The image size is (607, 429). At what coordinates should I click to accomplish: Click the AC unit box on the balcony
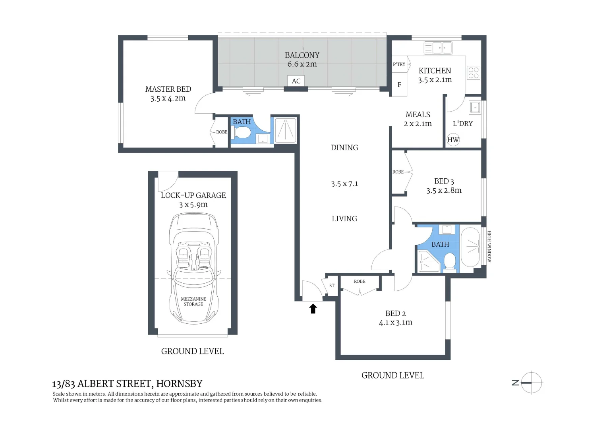pyautogui.click(x=296, y=81)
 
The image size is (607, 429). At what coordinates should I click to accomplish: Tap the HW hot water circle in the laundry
pyautogui.click(x=453, y=139)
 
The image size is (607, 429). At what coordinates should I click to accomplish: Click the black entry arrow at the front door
pyautogui.click(x=313, y=309)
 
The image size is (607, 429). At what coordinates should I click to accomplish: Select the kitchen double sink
pyautogui.click(x=438, y=48)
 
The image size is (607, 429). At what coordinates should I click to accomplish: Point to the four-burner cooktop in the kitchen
pyautogui.click(x=474, y=73)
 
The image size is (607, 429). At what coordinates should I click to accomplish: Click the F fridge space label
pyautogui.click(x=399, y=85)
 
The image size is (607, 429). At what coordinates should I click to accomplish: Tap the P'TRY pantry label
pyautogui.click(x=399, y=64)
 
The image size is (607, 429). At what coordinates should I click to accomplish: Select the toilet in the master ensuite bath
pyautogui.click(x=242, y=132)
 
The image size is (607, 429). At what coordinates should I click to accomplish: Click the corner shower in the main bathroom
pyautogui.click(x=429, y=261)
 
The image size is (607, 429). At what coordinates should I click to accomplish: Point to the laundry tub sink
pyautogui.click(x=475, y=107)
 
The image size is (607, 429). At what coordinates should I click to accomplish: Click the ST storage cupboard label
pyautogui.click(x=332, y=286)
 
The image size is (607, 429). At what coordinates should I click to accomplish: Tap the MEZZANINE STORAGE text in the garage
pyautogui.click(x=193, y=301)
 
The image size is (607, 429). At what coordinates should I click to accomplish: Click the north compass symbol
pyautogui.click(x=531, y=383)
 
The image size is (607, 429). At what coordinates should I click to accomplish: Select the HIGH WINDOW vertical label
pyautogui.click(x=489, y=246)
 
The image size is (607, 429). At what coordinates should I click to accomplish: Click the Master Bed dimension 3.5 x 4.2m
pyautogui.click(x=168, y=99)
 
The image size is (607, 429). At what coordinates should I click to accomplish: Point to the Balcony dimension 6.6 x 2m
pyautogui.click(x=302, y=64)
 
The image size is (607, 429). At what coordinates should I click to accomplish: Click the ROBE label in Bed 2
pyautogui.click(x=360, y=281)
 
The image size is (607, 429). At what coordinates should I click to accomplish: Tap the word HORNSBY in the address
pyautogui.click(x=179, y=383)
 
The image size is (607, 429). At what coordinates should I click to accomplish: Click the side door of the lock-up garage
pyautogui.click(x=167, y=181)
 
